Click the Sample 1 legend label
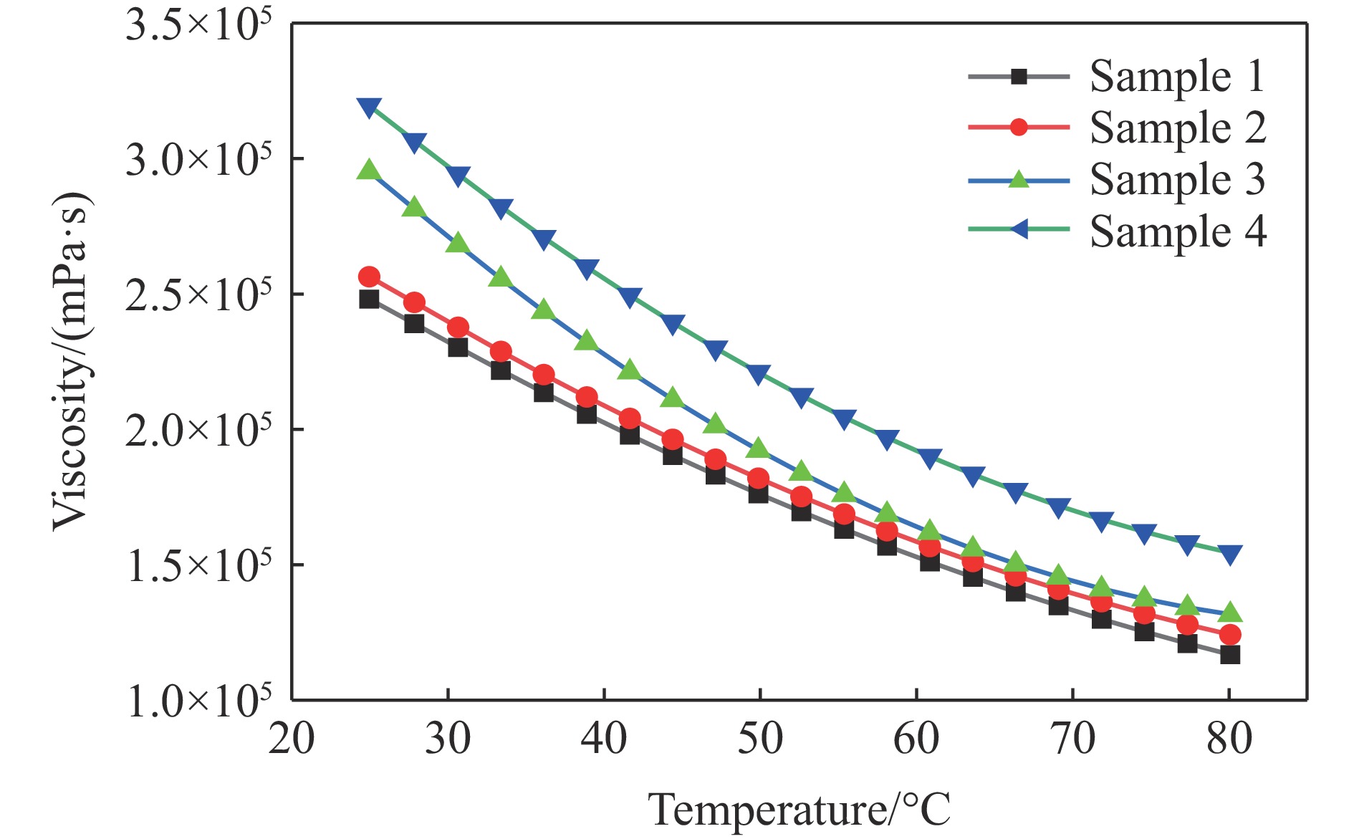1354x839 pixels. click(x=1177, y=76)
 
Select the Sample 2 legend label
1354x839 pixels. click(x=1177, y=128)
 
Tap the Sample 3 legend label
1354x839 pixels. click(x=1177, y=179)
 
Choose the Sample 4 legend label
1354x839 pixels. click(x=1177, y=231)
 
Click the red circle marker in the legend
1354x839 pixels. click(x=1018, y=128)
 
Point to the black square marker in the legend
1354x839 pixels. click(x=1018, y=76)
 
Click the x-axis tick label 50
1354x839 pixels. click(x=760, y=739)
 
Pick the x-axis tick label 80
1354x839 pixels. click(x=1229, y=739)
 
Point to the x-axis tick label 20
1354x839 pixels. click(x=292, y=739)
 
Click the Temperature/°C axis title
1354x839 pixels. click(x=799, y=810)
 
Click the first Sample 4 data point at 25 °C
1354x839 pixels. click(x=369, y=107)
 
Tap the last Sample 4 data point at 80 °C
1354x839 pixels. click(x=1230, y=555)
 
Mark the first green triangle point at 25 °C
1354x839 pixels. click(x=369, y=170)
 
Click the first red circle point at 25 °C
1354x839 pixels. click(x=369, y=277)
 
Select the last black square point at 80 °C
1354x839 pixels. click(x=1230, y=654)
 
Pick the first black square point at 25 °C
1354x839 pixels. click(x=369, y=299)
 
